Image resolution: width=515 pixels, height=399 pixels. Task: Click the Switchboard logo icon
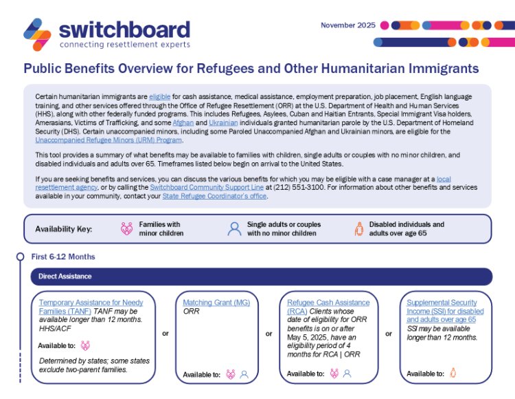[x=37, y=34]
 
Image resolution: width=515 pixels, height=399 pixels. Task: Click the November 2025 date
[x=348, y=25]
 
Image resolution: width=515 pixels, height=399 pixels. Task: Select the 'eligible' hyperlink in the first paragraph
[x=160, y=97]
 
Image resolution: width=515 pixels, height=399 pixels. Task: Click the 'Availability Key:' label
[x=63, y=229]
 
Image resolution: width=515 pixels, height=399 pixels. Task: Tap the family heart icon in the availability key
[x=126, y=229]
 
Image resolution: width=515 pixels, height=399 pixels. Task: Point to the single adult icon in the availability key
[x=234, y=229]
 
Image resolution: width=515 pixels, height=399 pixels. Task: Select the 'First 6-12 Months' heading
[x=63, y=257]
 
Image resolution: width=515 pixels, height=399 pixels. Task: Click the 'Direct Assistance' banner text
[x=65, y=277]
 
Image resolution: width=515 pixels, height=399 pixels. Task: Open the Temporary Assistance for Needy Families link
[x=91, y=307]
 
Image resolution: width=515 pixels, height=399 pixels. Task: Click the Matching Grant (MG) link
[x=216, y=303]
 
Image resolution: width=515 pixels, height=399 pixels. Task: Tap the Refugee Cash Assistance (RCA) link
[x=328, y=307]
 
